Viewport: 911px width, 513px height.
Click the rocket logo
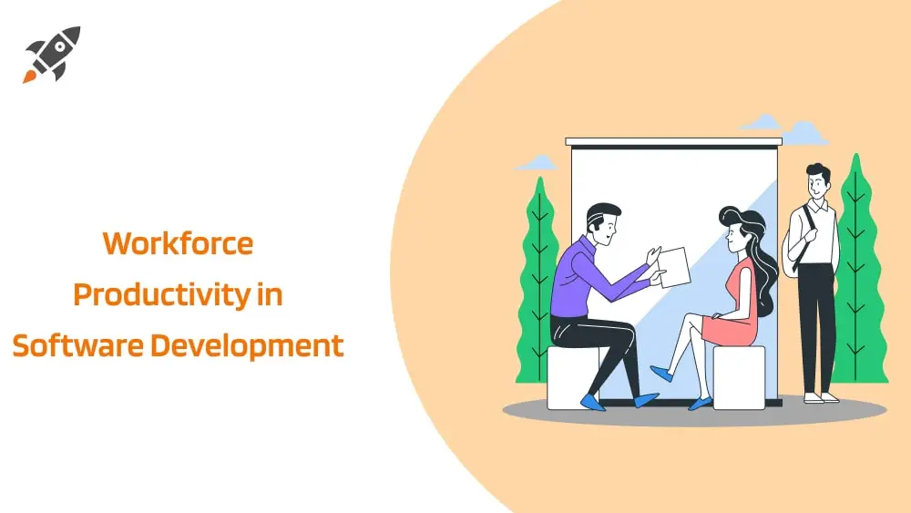52,55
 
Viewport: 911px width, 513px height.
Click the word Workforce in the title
178,243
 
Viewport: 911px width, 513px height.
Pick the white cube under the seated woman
738,375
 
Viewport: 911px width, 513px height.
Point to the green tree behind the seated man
540,273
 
